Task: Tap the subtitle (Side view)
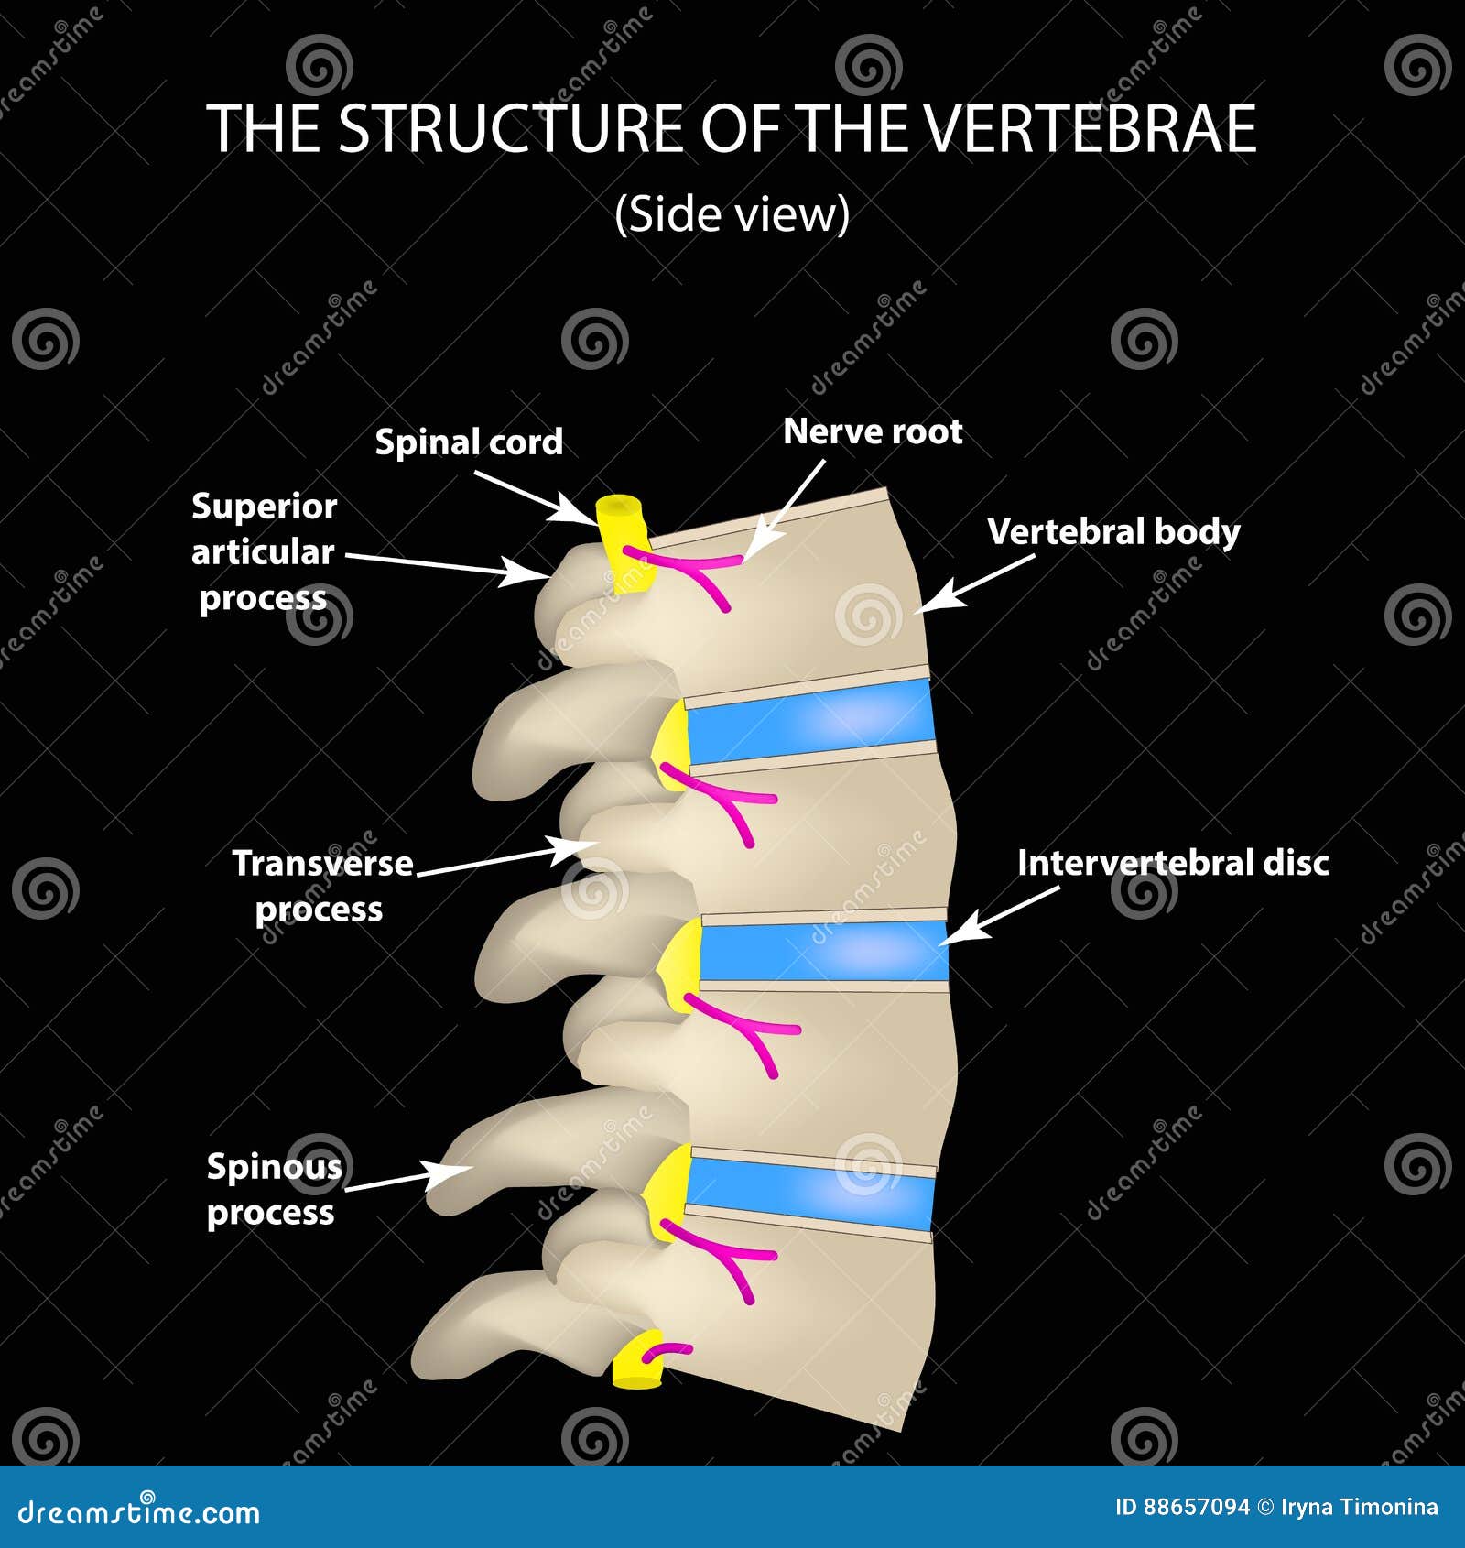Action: click(x=732, y=214)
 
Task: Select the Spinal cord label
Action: click(x=469, y=442)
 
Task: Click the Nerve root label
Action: click(x=873, y=431)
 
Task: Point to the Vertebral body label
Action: click(x=1113, y=531)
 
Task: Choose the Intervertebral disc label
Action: click(x=1173, y=863)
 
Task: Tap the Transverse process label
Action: click(x=321, y=886)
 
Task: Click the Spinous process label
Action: click(x=273, y=1189)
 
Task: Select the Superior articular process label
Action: click(x=264, y=551)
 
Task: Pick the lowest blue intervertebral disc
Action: click(x=810, y=1190)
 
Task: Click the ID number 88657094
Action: click(x=1195, y=1508)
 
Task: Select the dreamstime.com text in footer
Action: click(x=139, y=1512)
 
